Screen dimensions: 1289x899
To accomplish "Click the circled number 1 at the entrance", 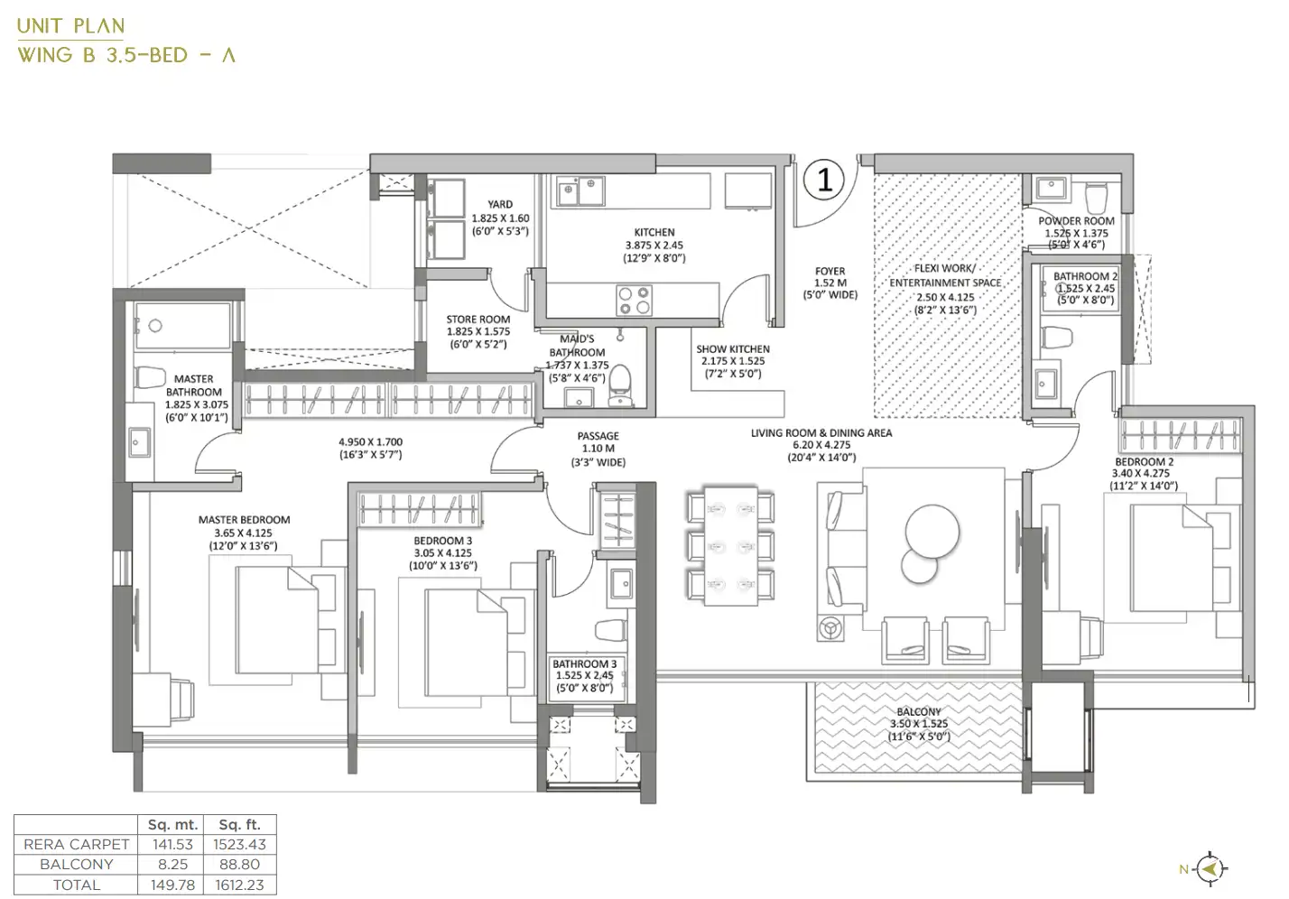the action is click(824, 181).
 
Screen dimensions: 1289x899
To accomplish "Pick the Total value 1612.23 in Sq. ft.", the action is click(239, 884).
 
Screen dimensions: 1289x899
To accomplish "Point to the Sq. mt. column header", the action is click(172, 824).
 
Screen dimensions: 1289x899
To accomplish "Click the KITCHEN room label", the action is click(654, 232).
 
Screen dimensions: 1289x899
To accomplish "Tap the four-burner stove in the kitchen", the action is click(634, 300).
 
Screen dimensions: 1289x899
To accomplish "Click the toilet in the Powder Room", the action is click(1096, 198).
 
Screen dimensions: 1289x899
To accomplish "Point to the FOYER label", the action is click(830, 271).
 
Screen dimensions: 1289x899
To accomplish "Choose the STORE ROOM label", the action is click(478, 319).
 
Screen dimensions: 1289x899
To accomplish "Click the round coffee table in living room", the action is click(932, 532).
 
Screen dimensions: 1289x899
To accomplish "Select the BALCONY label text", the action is click(918, 711).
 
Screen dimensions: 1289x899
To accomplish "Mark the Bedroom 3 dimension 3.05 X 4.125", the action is click(442, 553).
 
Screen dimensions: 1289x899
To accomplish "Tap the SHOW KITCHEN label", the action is click(733, 348).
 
